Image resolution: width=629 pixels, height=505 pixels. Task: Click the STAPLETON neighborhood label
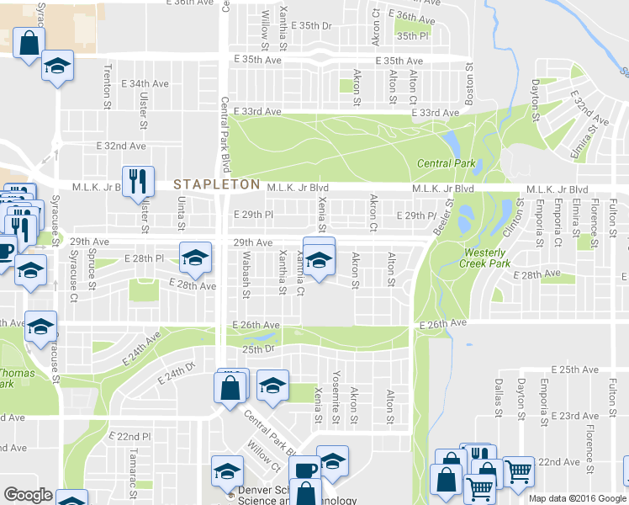(x=216, y=183)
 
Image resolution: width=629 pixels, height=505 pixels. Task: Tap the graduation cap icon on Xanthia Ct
(x=319, y=260)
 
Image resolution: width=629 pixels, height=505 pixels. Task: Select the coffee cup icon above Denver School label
(x=304, y=470)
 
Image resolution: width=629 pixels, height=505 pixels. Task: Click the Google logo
(x=28, y=495)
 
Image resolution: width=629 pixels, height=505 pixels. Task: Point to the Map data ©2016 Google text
(x=577, y=498)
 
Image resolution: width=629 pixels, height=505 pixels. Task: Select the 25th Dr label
(x=259, y=348)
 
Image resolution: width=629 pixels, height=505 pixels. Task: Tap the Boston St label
(x=469, y=81)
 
